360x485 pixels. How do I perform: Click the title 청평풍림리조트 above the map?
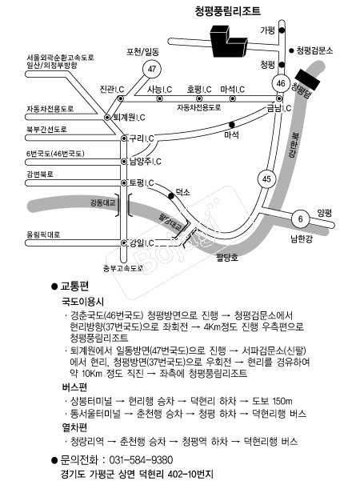coord(228,10)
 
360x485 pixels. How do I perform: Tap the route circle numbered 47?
coord(152,69)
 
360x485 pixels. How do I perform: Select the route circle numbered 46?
coord(281,83)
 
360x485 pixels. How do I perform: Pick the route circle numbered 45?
coord(266,178)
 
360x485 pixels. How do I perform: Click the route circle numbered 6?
coord(300,219)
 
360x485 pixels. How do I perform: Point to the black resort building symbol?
coord(228,41)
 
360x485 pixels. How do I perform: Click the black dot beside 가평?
coord(282,30)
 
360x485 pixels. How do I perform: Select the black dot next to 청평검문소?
coord(291,50)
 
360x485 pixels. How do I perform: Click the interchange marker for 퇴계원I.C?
coord(107,117)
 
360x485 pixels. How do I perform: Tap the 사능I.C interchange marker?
coord(159,98)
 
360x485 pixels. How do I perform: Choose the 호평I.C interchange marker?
coord(199,98)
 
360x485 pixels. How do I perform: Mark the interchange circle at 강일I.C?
coord(124,242)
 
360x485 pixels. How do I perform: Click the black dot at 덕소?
coord(170,196)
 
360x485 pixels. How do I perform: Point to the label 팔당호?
coord(227,258)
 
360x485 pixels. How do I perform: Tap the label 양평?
coord(324,213)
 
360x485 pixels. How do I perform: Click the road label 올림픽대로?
coord(43,234)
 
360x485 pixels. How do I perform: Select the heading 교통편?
coord(74,287)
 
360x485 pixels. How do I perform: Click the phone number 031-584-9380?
coord(141,460)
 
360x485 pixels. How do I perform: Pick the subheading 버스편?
coord(74,387)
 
